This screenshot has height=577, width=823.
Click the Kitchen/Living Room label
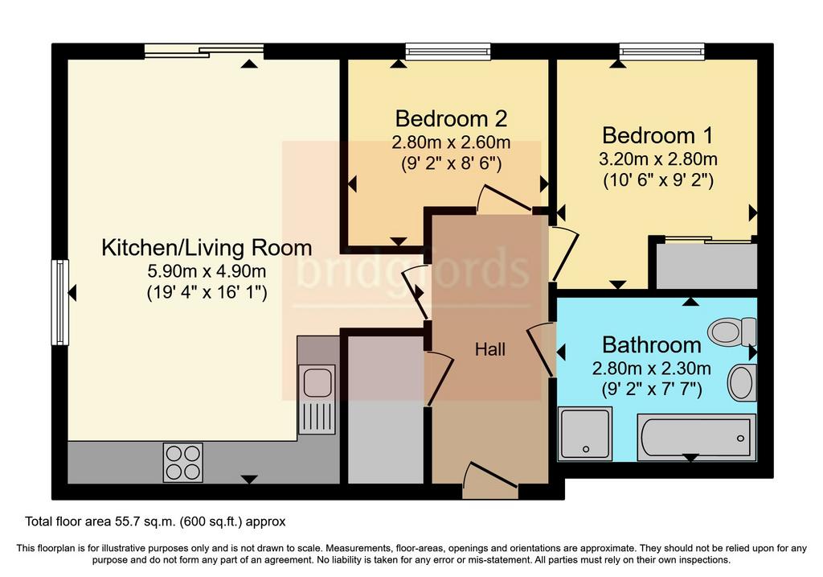click(207, 248)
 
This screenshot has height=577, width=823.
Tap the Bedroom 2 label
click(451, 119)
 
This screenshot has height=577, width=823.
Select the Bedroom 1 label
click(657, 135)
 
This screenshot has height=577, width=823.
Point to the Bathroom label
click(651, 345)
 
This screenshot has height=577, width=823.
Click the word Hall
click(489, 349)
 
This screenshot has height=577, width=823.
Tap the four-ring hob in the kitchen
click(182, 463)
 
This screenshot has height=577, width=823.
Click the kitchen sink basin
click(317, 381)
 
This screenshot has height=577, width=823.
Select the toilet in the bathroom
click(732, 331)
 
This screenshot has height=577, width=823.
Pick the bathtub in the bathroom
click(697, 437)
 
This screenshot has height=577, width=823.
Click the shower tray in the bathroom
click(585, 434)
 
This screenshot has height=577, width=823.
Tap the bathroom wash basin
click(742, 382)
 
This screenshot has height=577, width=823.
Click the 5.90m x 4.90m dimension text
click(207, 271)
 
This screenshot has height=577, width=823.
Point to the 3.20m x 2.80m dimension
click(658, 159)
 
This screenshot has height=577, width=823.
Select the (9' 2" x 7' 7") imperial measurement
click(651, 389)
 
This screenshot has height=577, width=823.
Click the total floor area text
click(155, 521)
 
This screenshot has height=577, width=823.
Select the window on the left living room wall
click(59, 302)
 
